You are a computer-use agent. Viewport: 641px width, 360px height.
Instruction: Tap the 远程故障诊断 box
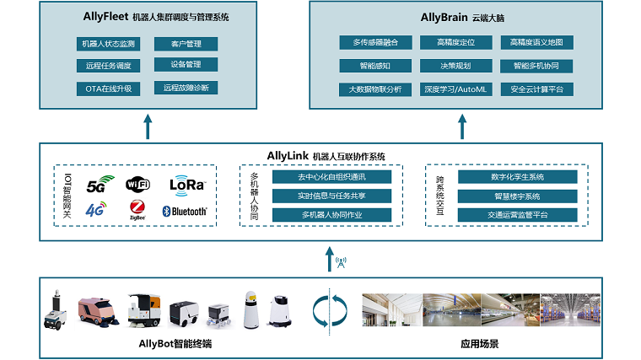tap(186, 88)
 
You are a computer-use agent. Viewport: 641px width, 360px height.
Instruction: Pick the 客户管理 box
tap(186, 43)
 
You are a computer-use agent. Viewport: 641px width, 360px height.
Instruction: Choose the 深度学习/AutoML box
tap(455, 89)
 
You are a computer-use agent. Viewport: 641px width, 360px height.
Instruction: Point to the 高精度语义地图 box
tap(536, 42)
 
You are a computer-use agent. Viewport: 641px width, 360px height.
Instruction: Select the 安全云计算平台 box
tap(536, 89)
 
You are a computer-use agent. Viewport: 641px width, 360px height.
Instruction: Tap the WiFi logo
tap(138, 183)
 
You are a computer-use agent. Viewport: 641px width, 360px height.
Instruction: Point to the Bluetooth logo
tap(185, 212)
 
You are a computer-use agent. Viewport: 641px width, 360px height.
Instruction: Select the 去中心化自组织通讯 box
tap(332, 177)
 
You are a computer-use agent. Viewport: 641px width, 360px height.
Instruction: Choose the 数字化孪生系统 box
tap(517, 177)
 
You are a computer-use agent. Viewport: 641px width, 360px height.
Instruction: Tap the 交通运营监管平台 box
tap(517, 215)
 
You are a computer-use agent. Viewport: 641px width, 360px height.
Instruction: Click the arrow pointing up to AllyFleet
tap(148, 126)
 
